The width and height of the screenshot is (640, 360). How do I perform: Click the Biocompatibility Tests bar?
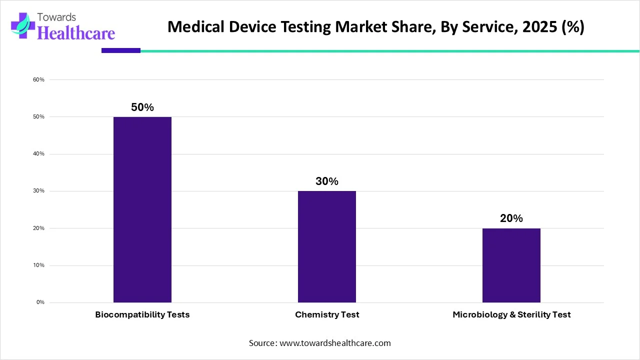point(142,209)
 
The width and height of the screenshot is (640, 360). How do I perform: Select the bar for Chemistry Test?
point(327,246)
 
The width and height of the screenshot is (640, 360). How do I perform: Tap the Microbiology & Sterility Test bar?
point(511,265)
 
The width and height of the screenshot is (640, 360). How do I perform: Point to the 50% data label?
point(142,107)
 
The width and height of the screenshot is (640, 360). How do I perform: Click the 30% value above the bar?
point(327,181)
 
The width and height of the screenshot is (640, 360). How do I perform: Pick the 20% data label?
point(511,218)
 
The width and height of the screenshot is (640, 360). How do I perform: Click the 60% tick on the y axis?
point(39,79)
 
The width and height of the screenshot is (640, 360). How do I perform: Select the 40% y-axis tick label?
point(39,154)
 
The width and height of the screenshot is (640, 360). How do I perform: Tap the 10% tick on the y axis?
point(39,265)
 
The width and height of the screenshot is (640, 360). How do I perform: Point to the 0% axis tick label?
point(40,302)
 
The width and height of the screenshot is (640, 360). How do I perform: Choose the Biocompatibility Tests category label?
point(142,315)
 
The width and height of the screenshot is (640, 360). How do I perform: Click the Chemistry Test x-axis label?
point(327,315)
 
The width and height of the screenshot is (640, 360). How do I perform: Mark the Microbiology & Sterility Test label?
point(511,315)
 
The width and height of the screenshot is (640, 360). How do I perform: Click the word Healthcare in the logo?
point(76,33)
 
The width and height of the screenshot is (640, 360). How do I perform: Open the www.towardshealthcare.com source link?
point(334,343)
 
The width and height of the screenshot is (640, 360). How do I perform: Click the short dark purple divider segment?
point(120,50)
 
